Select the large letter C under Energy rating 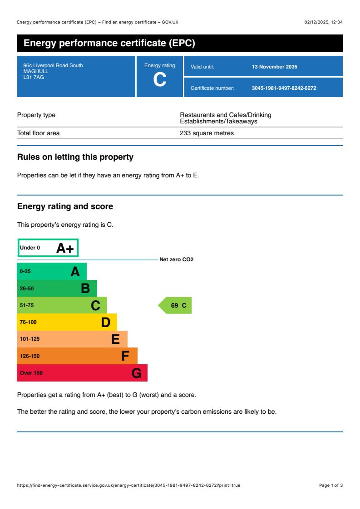coord(159,80)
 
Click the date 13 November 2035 coord(274,67)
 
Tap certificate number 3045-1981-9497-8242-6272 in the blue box coord(284,88)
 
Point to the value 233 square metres coord(207,133)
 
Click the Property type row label coord(36,115)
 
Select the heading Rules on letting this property coord(75,157)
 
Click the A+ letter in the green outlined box coord(65,248)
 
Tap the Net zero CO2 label coord(176,259)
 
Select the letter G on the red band coord(136,373)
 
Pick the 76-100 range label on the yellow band coord(28,322)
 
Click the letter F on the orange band coord(125,356)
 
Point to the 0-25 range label coord(25,271)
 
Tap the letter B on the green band coord(85,289)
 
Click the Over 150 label coord(31,373)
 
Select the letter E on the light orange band coord(116,339)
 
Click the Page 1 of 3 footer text coord(330,485)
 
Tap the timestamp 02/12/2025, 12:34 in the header coord(323,22)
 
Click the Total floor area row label coord(39,133)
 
